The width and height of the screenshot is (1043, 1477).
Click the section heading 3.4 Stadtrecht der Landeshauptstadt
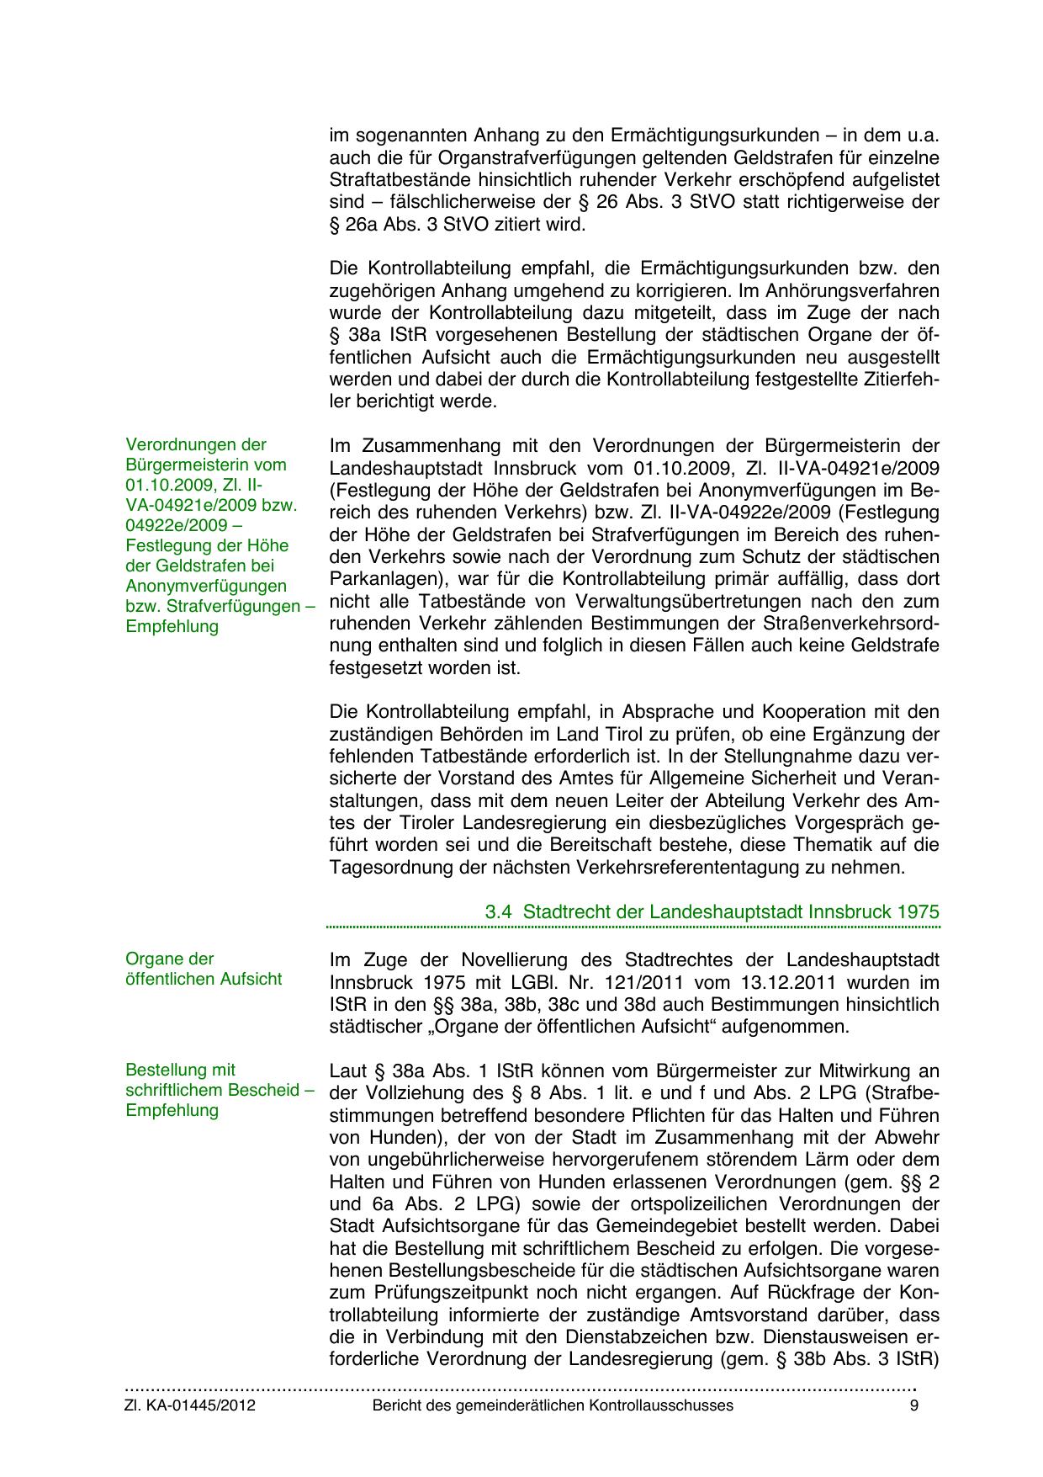pyautogui.click(x=712, y=911)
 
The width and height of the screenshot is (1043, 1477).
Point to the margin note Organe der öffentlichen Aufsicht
pyautogui.click(x=203, y=969)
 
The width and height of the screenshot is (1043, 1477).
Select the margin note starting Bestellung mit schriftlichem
pyautogui.click(x=219, y=1090)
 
